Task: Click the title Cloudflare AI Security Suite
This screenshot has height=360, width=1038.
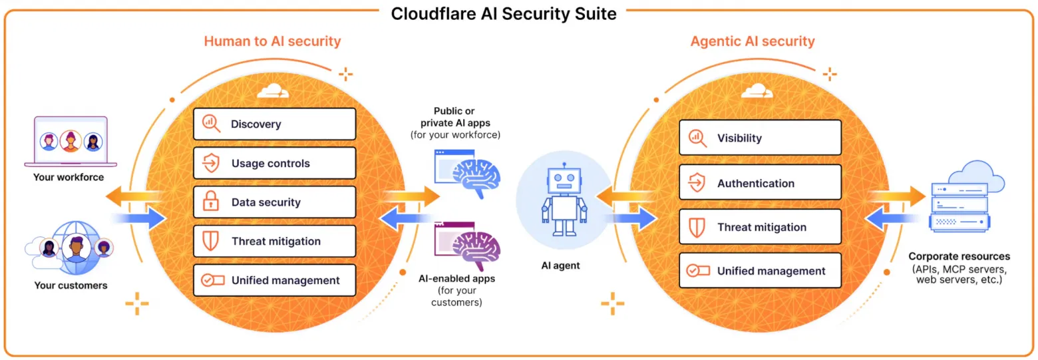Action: pyautogui.click(x=503, y=13)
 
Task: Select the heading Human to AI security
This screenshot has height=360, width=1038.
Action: pyautogui.click(x=272, y=41)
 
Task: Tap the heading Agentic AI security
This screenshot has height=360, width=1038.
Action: pyautogui.click(x=752, y=41)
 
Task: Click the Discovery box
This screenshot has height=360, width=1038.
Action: pyautogui.click(x=274, y=124)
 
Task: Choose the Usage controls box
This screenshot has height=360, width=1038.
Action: pyautogui.click(x=274, y=163)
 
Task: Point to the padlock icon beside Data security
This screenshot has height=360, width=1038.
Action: pyautogui.click(x=211, y=202)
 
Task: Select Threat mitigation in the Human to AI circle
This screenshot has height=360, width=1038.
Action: pyautogui.click(x=274, y=241)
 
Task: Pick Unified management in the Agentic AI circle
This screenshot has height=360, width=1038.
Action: pyautogui.click(x=760, y=271)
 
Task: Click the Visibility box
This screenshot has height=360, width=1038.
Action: pyautogui.click(x=760, y=138)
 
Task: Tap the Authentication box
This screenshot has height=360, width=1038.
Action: pyautogui.click(x=760, y=182)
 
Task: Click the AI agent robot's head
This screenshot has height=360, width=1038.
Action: pyautogui.click(x=564, y=180)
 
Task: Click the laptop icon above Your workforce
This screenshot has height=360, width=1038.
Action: pyautogui.click(x=70, y=141)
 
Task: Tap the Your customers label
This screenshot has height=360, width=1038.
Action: pyautogui.click(x=70, y=285)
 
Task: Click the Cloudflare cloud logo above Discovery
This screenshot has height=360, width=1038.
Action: pyautogui.click(x=274, y=90)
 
